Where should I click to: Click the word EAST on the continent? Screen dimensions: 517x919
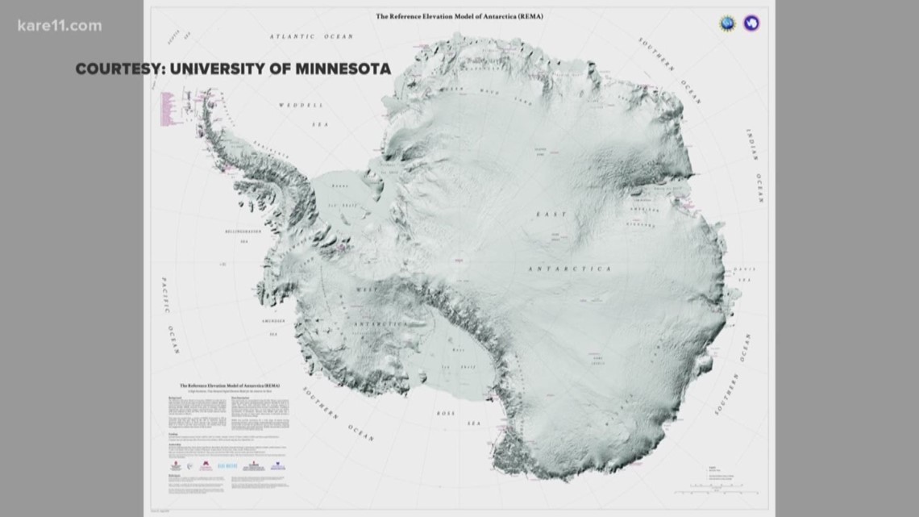pyautogui.click(x=556, y=214)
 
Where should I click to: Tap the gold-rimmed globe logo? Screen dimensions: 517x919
pyautogui.click(x=728, y=22)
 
